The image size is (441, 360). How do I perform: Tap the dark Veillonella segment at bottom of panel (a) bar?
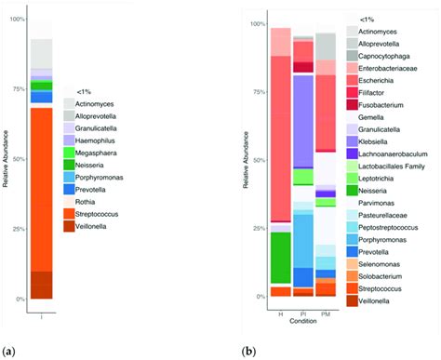(41, 285)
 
